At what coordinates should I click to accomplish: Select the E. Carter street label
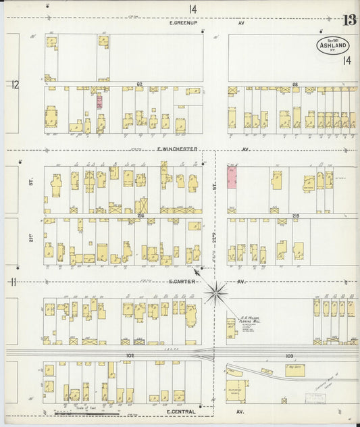coord(182,281)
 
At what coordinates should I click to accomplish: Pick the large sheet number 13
coord(349,20)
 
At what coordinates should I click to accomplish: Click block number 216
coord(141,216)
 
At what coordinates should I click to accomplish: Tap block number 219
coord(296,216)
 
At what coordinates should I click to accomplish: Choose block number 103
coord(290,355)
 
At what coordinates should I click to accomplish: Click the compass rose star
coord(217,292)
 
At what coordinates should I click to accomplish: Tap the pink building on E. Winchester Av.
coord(232,175)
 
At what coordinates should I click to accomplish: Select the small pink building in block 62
coord(99,101)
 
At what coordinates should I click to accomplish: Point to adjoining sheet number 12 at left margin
coord(14,84)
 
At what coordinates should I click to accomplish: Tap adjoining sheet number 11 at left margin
coord(13,281)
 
